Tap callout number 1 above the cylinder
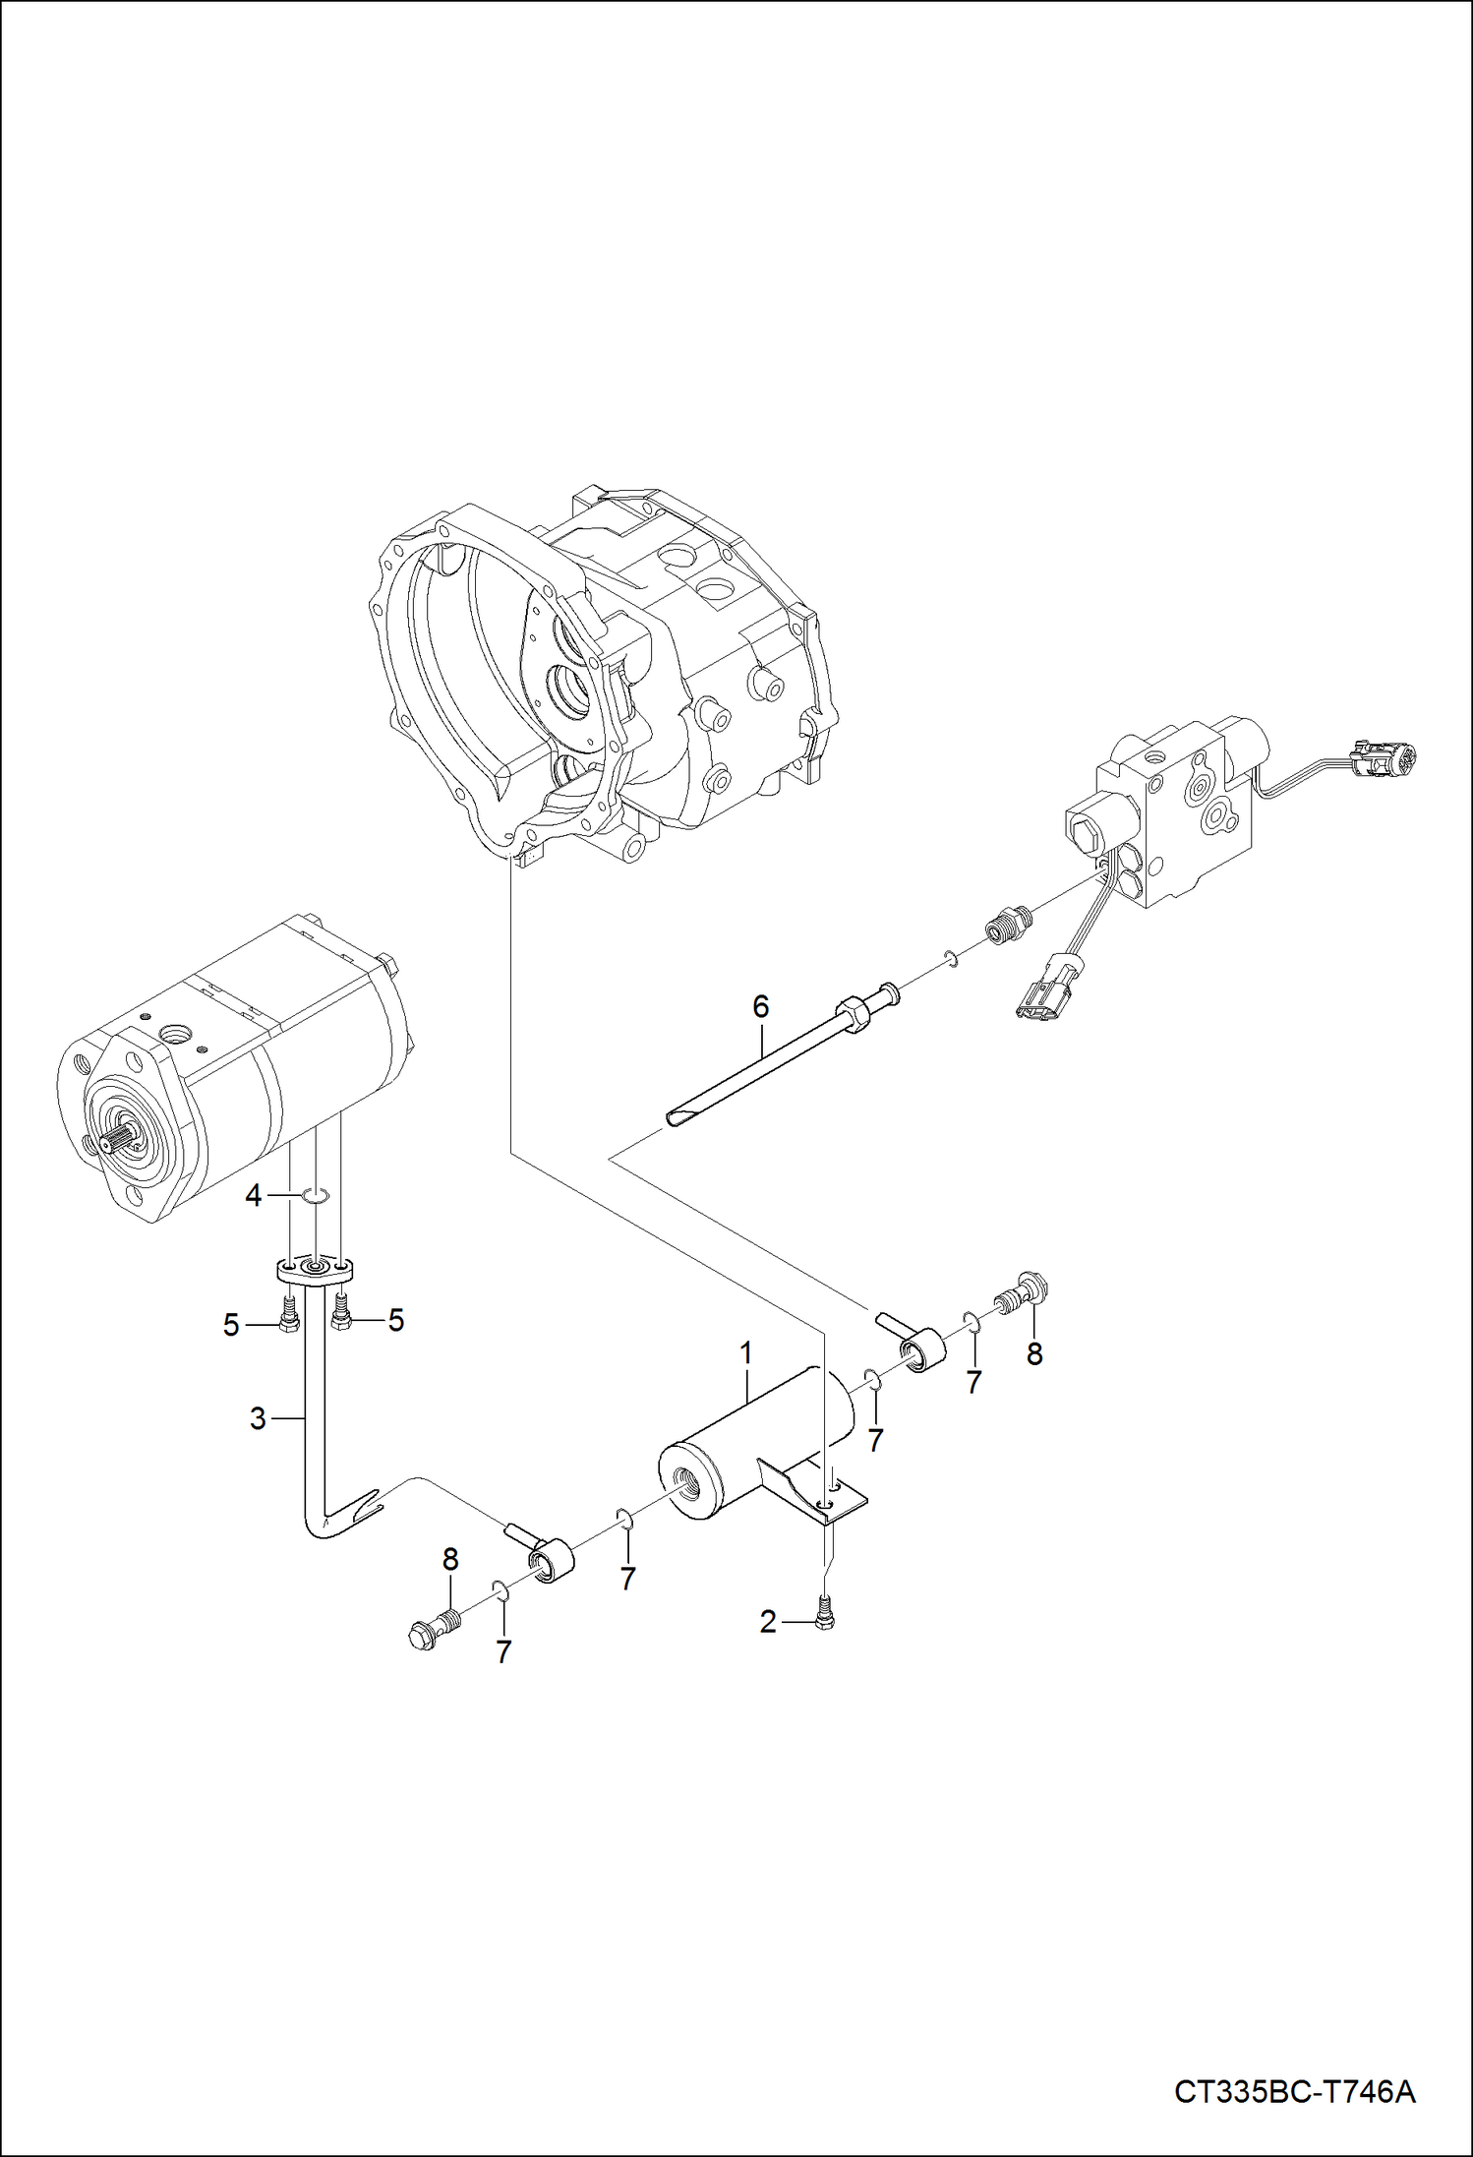coord(746,1353)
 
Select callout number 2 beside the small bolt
coord(768,1622)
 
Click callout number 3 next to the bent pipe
coord(258,1418)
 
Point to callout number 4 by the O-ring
coord(254,1196)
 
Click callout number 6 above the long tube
coord(760,1006)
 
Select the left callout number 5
coord(231,1325)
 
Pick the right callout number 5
coord(395,1320)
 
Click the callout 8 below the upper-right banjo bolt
coord(1033,1354)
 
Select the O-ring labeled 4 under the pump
coord(315,1196)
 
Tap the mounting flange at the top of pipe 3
coord(315,1270)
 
